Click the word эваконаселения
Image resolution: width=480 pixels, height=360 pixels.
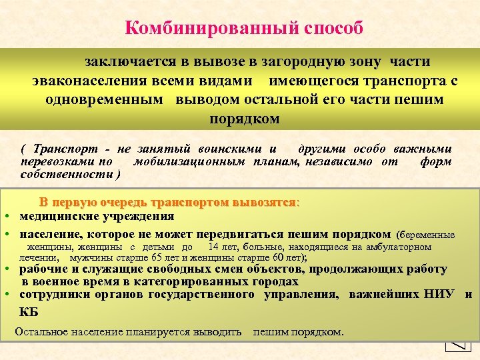coord(93,81)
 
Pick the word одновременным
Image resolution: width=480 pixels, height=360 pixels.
coord(105,100)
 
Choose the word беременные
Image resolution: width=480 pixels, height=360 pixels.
coord(426,235)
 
